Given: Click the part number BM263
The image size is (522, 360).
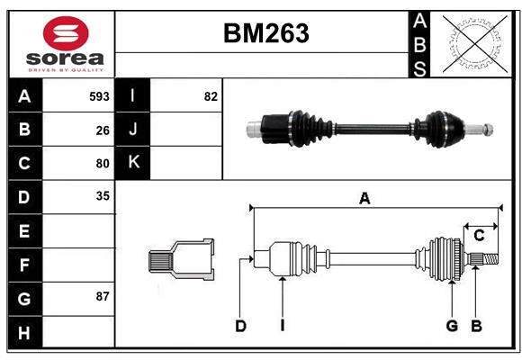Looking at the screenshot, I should tap(265, 34).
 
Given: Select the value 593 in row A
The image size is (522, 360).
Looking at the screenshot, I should tap(99, 96).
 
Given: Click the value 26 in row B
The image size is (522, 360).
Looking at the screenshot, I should tap(103, 130).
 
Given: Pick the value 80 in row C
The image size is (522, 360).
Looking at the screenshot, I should tap(103, 164).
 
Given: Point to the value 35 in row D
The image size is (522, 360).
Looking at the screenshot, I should tap(103, 195).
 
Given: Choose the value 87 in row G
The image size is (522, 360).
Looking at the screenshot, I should tap(103, 296).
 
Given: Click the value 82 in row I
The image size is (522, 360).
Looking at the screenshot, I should tap(211, 96).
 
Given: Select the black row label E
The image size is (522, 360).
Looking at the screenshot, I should tap(24, 231).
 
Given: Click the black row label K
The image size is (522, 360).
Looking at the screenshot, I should tap(133, 163).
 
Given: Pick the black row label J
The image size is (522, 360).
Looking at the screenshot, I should tap(133, 130).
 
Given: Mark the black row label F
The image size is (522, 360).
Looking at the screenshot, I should tap(24, 265).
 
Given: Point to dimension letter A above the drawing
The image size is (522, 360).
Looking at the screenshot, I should tap(364, 199).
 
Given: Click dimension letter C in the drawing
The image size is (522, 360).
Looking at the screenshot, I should tap(480, 236).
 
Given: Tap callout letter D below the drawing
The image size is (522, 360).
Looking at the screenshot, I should tap(240, 326).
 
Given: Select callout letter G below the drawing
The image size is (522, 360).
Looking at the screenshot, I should tap(452, 326).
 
